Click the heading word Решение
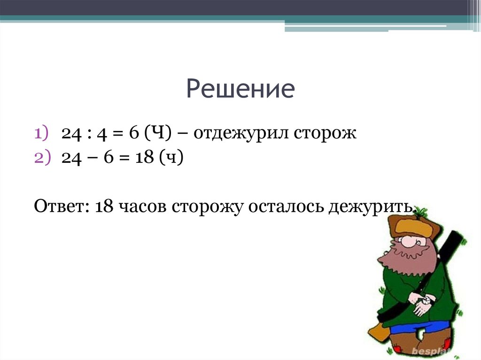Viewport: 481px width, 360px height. [240, 89]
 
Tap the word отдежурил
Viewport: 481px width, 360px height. [241, 134]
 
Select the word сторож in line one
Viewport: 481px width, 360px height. [326, 134]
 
